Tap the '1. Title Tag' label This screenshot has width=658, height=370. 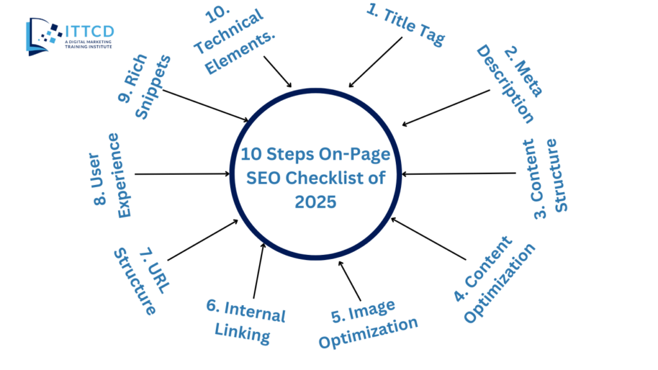pos(406,25)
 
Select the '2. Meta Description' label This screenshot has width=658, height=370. pos(510,84)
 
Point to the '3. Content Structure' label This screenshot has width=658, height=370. pos(545,179)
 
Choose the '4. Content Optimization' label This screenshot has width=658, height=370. pos(494,279)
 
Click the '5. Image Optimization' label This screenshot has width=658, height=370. pos(368,324)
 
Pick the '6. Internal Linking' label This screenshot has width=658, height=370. pos(245,322)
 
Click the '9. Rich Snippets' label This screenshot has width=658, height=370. pos(145,87)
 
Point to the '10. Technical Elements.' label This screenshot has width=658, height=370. pos(234,40)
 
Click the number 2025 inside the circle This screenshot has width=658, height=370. pos(316,202)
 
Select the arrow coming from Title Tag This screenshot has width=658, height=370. pos(375,62)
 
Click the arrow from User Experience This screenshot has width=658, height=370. pos(182,173)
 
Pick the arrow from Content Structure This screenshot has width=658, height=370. pos(459,173)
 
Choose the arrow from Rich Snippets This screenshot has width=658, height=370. pos(206,106)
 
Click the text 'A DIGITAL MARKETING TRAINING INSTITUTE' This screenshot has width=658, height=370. pos(88,44)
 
